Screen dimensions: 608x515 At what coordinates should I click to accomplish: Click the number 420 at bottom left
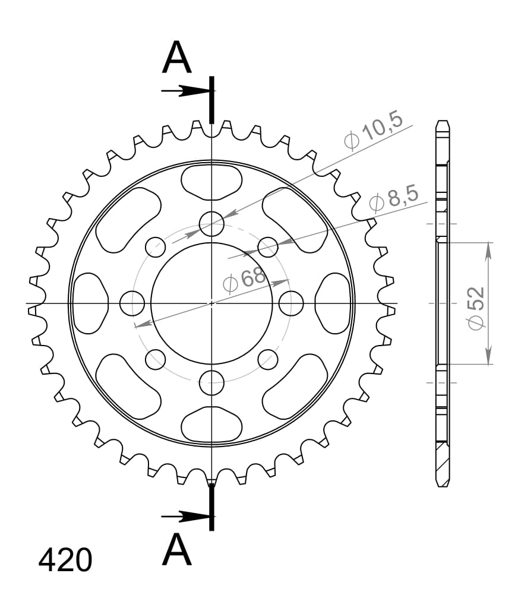(x=65, y=560)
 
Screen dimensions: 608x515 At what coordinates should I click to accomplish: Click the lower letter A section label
(x=177, y=550)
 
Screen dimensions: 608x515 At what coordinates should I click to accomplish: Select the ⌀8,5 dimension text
(x=393, y=198)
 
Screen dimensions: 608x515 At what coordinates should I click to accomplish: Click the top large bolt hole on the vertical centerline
(x=211, y=224)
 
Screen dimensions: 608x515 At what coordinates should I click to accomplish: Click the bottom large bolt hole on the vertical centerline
(x=211, y=382)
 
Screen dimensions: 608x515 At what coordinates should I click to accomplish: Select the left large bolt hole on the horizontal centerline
(x=132, y=303)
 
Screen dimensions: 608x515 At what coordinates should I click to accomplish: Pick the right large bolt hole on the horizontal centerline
(x=291, y=303)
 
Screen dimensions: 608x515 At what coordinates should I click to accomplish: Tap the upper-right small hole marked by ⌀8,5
(x=268, y=247)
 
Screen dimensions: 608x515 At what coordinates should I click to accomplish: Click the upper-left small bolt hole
(x=156, y=246)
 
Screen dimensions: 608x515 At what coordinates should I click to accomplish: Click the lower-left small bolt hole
(x=156, y=358)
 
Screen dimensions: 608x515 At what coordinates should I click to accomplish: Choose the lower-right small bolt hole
(x=268, y=359)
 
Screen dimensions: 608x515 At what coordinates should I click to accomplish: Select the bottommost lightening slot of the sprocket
(x=211, y=425)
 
